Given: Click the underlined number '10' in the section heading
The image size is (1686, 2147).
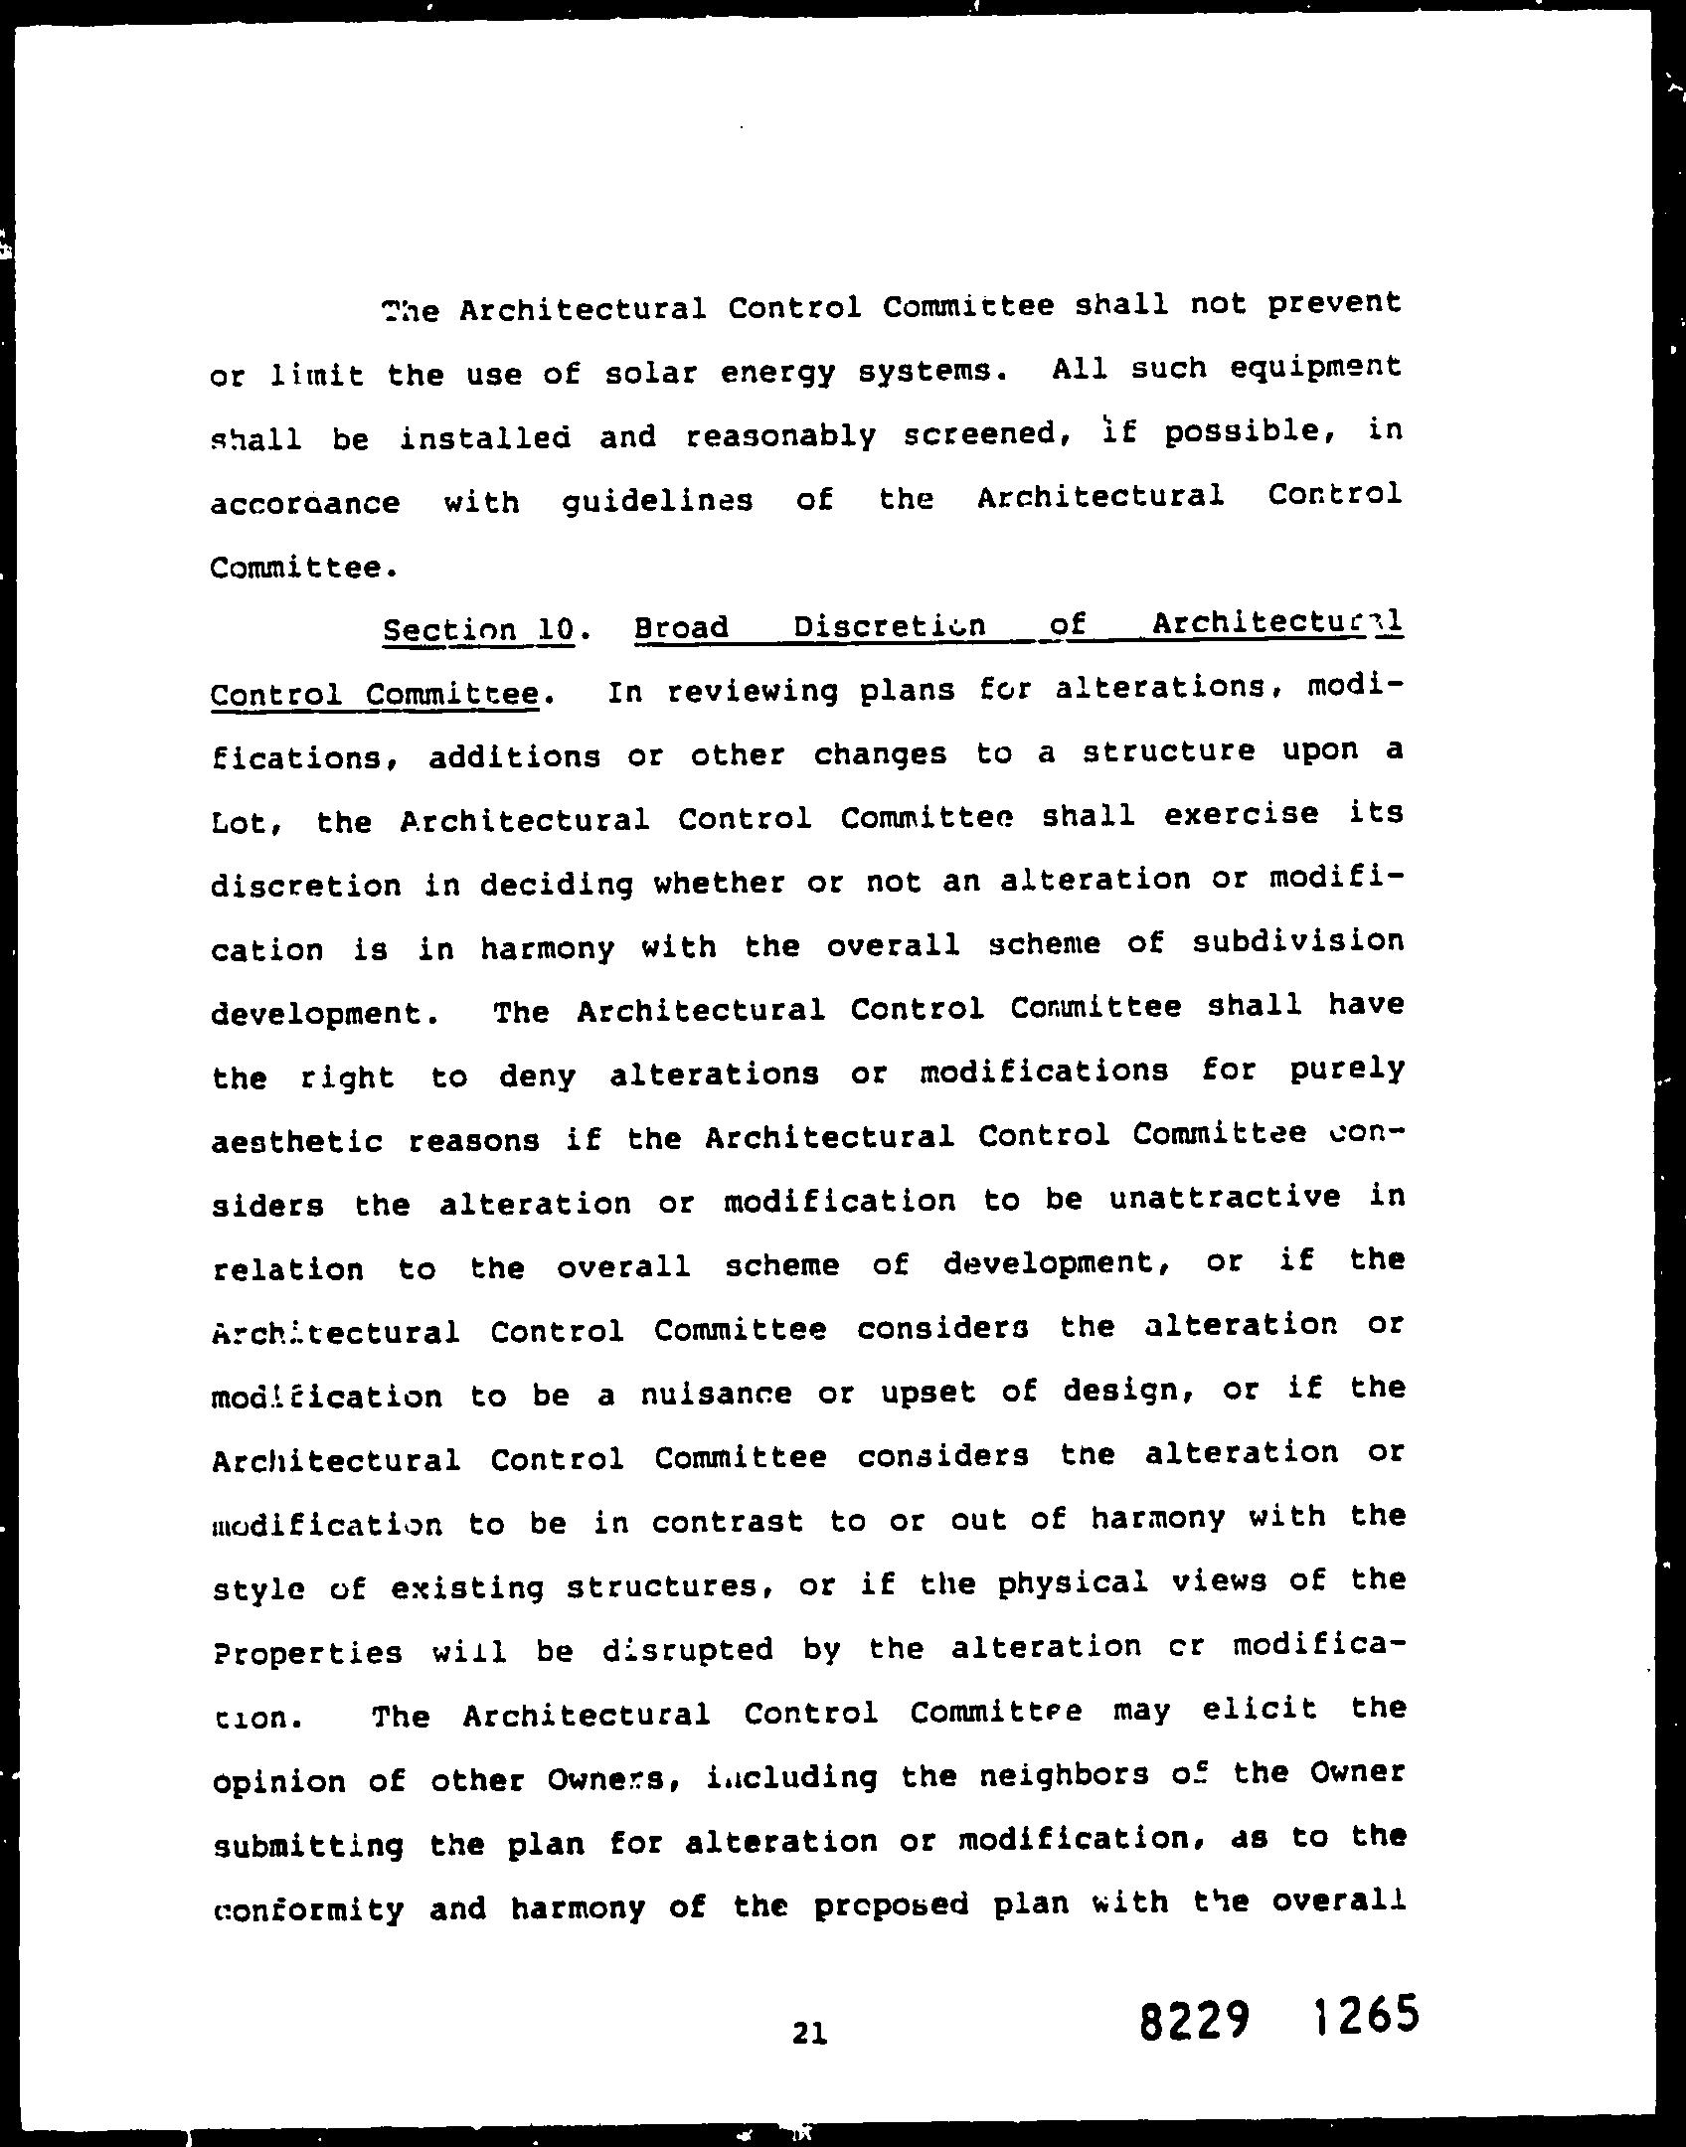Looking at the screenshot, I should tap(555, 629).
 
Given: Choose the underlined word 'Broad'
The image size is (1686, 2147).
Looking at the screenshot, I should tap(681, 628).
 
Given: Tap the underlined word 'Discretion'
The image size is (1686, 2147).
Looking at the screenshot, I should tap(889, 626).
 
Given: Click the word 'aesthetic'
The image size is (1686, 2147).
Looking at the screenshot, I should tap(297, 1140).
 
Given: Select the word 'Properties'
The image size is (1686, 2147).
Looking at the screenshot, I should tap(307, 1652).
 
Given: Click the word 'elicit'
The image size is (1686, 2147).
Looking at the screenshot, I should tap(1260, 1710).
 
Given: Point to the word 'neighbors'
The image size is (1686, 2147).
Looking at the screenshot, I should tap(1053, 1775).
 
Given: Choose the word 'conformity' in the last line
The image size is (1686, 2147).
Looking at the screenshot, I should tap(308, 1909).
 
